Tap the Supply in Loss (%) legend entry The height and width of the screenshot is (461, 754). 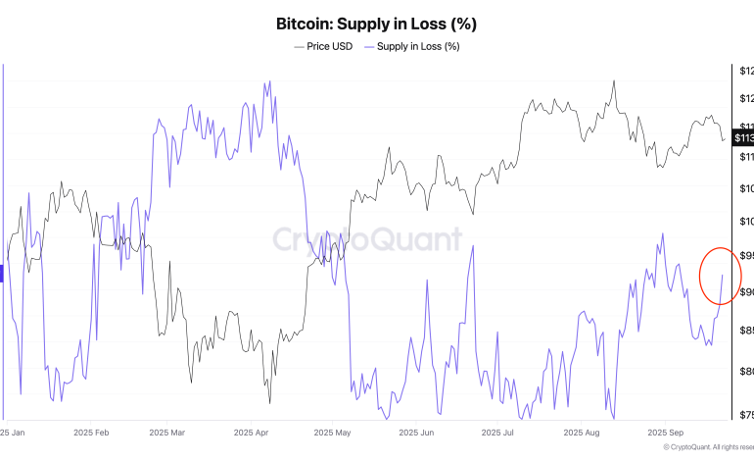click(411, 46)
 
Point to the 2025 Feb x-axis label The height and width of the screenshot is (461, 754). click(91, 432)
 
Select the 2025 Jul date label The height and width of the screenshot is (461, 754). click(497, 432)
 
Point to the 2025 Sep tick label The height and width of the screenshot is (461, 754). click(665, 432)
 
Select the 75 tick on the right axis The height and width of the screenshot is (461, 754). click(745, 414)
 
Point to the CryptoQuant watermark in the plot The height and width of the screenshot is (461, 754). click(366, 239)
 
